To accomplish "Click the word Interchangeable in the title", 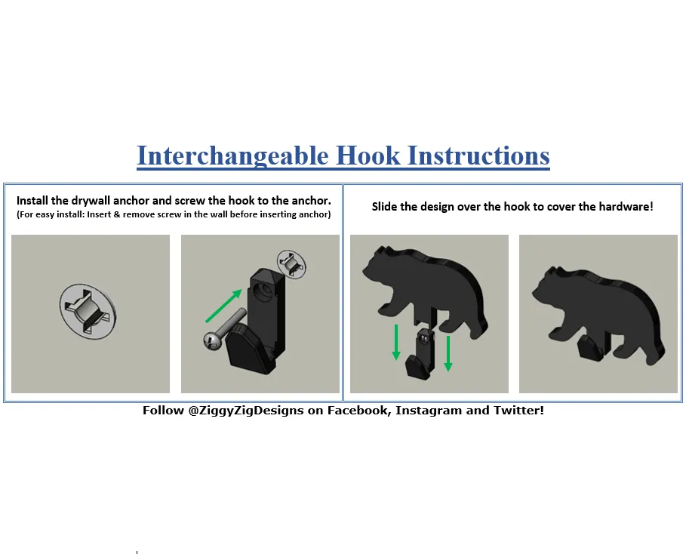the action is coord(232,155).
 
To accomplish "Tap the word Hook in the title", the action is coord(368,155).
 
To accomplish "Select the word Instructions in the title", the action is coord(478,155).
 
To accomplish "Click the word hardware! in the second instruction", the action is coord(626,207).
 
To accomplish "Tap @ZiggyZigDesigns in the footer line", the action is coord(246,411).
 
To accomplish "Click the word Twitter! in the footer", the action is coord(519,411).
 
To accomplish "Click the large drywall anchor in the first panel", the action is coord(88,311).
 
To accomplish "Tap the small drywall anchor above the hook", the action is coord(292,263).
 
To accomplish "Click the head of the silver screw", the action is coord(212,340).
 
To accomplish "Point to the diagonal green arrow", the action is coord(223,306).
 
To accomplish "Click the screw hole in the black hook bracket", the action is coord(265,290).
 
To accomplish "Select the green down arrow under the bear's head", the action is coord(396,342).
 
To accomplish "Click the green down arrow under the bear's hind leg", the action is coord(448,353).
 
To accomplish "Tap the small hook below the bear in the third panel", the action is coord(421,354).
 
